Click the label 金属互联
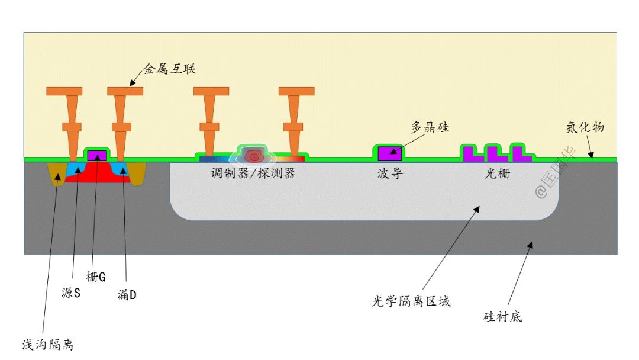click(x=169, y=69)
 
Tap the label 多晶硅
click(x=430, y=127)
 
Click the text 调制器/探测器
click(x=253, y=174)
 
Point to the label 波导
click(x=390, y=174)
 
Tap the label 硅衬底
click(x=503, y=317)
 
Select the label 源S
click(x=70, y=293)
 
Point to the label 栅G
click(x=96, y=277)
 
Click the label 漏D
click(x=127, y=293)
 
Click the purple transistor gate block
click(x=97, y=155)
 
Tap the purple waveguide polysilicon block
click(x=390, y=153)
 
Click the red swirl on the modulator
click(x=254, y=156)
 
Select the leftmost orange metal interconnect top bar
click(x=64, y=91)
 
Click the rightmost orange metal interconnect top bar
click(x=296, y=91)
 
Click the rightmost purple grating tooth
click(x=521, y=153)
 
